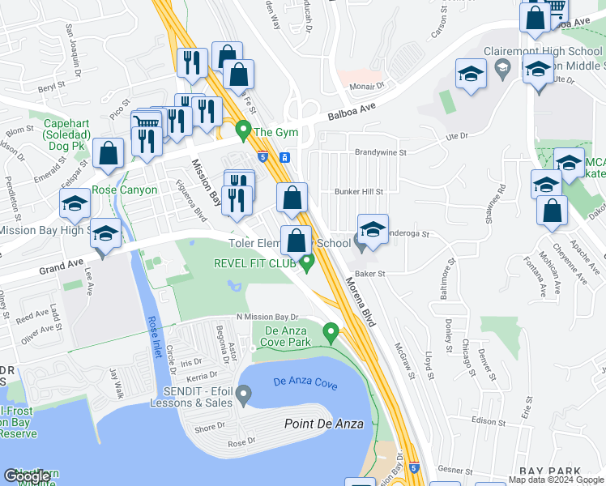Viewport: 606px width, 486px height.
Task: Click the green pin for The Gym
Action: pyautogui.click(x=241, y=130)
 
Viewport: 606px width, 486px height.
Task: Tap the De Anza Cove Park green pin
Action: pyautogui.click(x=330, y=332)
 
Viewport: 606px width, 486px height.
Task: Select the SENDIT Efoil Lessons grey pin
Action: pyautogui.click(x=245, y=394)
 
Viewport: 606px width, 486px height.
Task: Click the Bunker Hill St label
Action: pyautogui.click(x=358, y=192)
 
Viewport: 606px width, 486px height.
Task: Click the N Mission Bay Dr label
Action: pyautogui.click(x=267, y=318)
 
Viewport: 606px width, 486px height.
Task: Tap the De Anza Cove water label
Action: pyautogui.click(x=305, y=381)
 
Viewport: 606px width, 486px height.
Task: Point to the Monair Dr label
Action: pyautogui.click(x=362, y=84)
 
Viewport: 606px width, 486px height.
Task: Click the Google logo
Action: pyautogui.click(x=27, y=476)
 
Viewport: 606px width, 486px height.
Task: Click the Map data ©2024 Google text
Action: pyautogui.click(x=557, y=480)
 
